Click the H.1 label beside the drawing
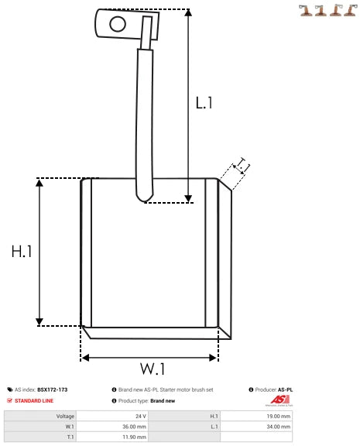[22, 252]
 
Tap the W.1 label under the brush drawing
[153, 368]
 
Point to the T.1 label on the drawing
[243, 165]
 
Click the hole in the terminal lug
[117, 23]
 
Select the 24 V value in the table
[140, 416]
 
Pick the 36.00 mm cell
[135, 426]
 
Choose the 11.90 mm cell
[135, 436]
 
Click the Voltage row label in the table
[65, 416]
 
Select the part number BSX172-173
[53, 389]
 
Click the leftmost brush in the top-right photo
[306, 10]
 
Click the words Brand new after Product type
[163, 400]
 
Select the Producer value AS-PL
[285, 389]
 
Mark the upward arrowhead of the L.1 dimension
[188, 15]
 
